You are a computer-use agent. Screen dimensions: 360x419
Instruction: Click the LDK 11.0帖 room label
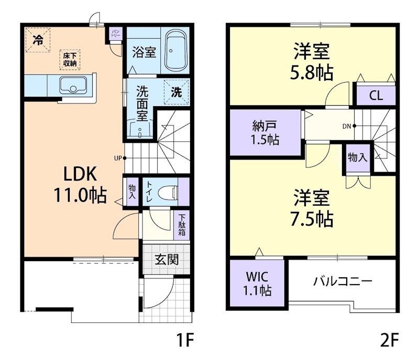click(80, 184)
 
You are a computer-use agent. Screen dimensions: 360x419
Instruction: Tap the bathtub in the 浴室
click(175, 51)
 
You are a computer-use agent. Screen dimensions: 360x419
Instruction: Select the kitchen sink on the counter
click(73, 84)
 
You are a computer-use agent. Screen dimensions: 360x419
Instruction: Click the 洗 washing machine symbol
click(177, 93)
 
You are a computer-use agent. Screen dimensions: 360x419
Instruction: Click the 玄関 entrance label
click(166, 259)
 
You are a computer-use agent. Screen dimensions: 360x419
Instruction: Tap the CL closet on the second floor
click(376, 96)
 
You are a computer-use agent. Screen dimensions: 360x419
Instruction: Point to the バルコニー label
click(343, 282)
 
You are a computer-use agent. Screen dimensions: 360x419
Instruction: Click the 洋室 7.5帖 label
click(312, 209)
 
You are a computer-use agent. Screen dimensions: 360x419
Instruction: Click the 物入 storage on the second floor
click(357, 157)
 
